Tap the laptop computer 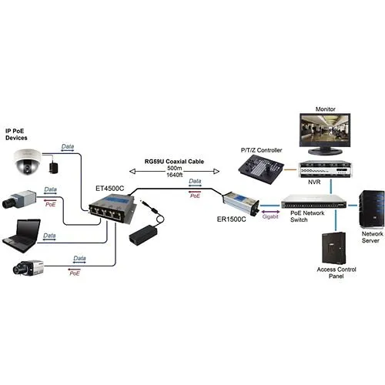coord(22,233)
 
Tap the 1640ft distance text coord(175,176)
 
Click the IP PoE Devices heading coord(19,135)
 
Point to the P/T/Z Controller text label coord(262,149)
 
